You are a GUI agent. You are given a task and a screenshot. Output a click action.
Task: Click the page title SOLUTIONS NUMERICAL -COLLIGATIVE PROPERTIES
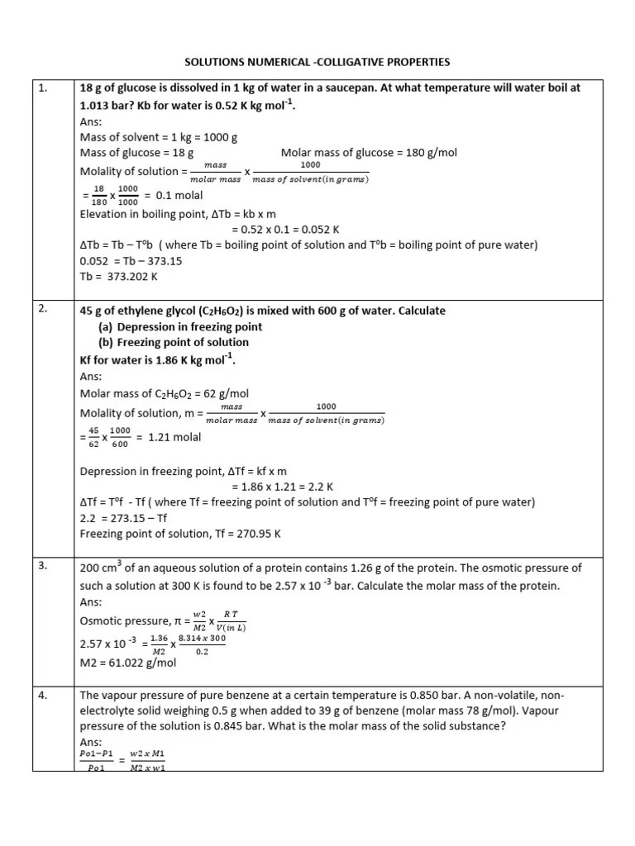[x=317, y=62]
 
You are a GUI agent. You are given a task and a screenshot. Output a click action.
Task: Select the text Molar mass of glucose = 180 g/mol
[x=369, y=153]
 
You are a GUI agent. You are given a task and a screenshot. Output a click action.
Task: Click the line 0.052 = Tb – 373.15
[x=131, y=260]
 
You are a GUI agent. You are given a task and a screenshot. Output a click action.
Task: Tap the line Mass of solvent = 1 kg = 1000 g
[x=159, y=137]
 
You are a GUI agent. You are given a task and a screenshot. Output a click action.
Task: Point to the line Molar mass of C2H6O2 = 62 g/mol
[x=165, y=392]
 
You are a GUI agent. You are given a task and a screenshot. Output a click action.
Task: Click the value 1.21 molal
[x=174, y=437]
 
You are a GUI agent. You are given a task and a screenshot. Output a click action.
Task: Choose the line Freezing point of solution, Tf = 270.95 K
[x=180, y=534]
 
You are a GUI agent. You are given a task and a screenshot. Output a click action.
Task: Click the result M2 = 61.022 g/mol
[x=128, y=662]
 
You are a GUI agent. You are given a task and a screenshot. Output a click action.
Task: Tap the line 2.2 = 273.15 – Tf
[x=123, y=518]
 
